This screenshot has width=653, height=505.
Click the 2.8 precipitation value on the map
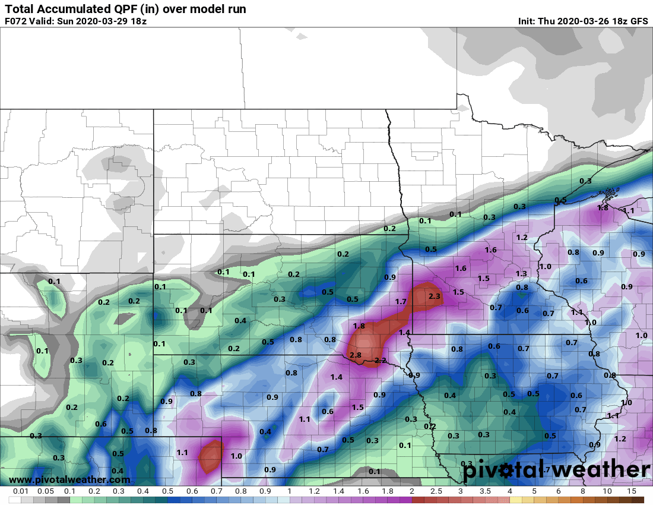click(x=356, y=355)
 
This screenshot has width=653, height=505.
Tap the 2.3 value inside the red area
click(x=434, y=296)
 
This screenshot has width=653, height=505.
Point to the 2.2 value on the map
click(x=381, y=361)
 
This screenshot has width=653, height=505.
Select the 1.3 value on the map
click(x=521, y=273)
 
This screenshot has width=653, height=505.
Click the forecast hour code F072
click(x=15, y=21)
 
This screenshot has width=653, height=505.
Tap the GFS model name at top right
click(x=639, y=21)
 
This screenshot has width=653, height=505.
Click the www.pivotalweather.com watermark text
click(x=69, y=479)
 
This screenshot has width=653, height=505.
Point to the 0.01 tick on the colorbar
click(x=21, y=491)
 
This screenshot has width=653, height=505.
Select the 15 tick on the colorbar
click(x=631, y=491)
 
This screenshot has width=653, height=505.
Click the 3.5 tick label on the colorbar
click(x=485, y=491)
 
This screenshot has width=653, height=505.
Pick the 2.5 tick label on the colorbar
click(x=436, y=491)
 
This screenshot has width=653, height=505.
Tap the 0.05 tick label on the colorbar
click(x=46, y=491)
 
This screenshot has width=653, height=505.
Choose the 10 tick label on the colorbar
click(x=607, y=491)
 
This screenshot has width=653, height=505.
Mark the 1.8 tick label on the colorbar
click(x=388, y=491)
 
